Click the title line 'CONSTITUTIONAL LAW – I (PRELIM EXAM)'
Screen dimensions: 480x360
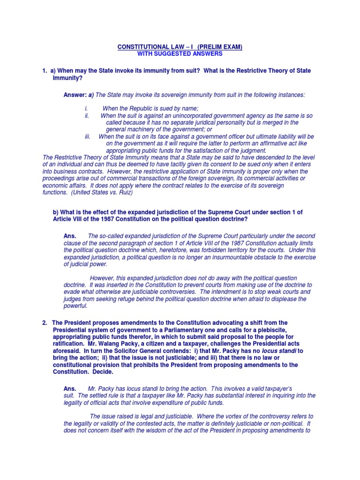[x=180, y=47]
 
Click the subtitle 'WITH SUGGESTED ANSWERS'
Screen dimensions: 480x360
[x=180, y=54]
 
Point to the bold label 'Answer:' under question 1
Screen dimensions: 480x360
[x=75, y=95]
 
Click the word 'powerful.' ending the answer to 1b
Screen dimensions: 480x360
[x=75, y=306]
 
